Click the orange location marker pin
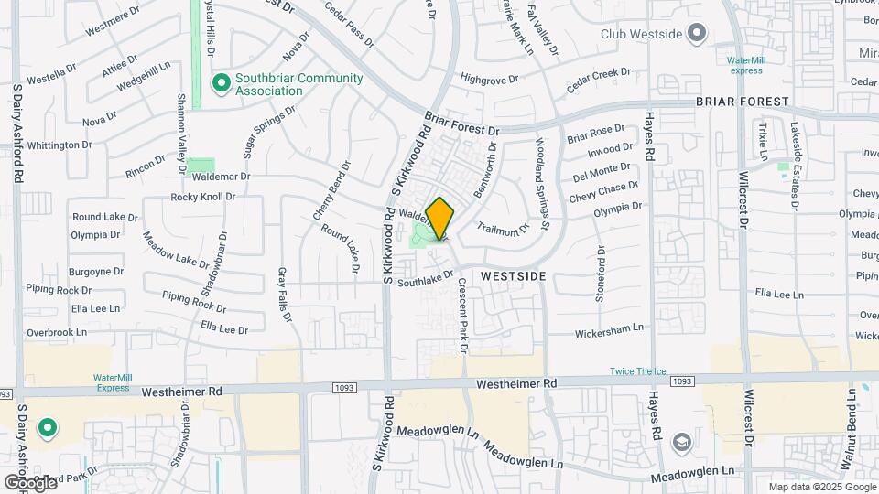click(439, 219)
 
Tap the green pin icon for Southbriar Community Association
click(221, 84)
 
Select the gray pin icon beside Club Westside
click(697, 34)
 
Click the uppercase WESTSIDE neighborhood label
click(513, 275)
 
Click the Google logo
click(29, 482)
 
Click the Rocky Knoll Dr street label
click(203, 197)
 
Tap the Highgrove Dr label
click(490, 79)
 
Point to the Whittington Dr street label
click(60, 145)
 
